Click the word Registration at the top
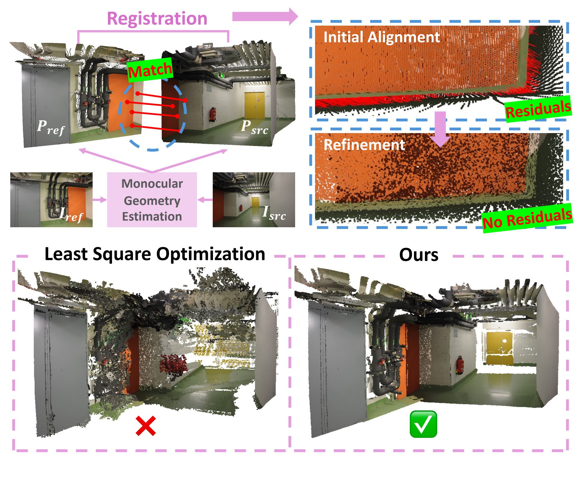[x=157, y=19]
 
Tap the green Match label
[x=150, y=70]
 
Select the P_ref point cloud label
[x=51, y=127]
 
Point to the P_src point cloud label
[x=254, y=127]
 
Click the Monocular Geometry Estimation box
[x=152, y=200]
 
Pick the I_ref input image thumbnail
[x=51, y=199]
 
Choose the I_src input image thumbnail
[x=254, y=199]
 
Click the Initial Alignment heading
[x=381, y=37]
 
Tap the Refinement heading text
[x=364, y=145]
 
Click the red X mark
[x=146, y=426]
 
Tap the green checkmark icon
[x=423, y=424]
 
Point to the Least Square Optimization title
[x=155, y=254]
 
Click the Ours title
[x=419, y=255]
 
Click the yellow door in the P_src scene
[x=254, y=105]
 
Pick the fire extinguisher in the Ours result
[x=460, y=365]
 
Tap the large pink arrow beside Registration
[x=265, y=17]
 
